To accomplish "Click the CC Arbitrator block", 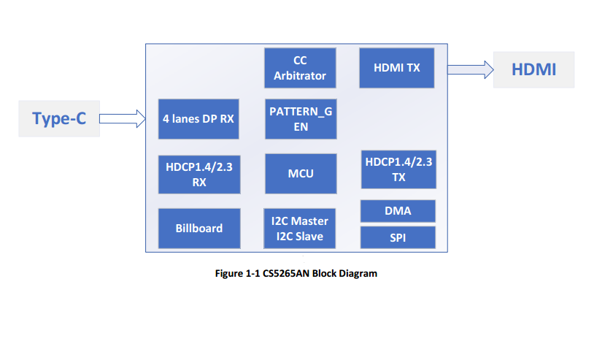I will pos(300,68).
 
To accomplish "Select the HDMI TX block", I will pos(396,68).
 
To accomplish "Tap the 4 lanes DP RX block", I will pos(199,118).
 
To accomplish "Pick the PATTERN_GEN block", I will pos(300,118).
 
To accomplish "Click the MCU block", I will pos(300,173).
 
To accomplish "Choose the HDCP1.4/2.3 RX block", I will pos(199,174).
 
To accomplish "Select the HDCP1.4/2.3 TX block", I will pos(398,169).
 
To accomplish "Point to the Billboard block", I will pos(199,228).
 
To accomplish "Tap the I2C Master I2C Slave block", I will pos(300,228).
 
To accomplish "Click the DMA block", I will pos(398,211).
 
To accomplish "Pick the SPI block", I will pos(398,237).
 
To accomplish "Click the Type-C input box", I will pos(59,118).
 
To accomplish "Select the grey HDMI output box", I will pos(533,70).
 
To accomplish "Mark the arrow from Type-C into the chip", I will pos(122,118).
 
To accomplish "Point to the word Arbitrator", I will pos(300,75).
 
